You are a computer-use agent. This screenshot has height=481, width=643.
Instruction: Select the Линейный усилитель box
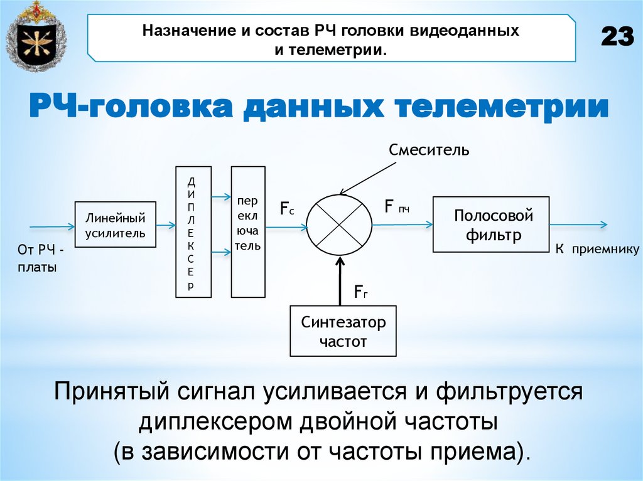(x=115, y=225)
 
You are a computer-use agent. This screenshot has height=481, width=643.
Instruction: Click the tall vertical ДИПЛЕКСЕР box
(x=193, y=231)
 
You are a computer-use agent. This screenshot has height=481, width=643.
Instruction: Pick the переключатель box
(x=248, y=231)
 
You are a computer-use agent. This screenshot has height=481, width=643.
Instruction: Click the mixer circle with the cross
(x=339, y=225)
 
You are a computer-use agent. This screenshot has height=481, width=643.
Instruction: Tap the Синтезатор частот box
(x=343, y=331)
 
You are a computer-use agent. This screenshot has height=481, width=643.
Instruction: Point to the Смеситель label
(x=429, y=150)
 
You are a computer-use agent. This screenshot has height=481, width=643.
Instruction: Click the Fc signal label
(x=287, y=208)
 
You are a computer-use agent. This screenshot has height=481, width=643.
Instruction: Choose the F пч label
(x=397, y=206)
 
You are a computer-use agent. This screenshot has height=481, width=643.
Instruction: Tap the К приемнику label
(x=596, y=250)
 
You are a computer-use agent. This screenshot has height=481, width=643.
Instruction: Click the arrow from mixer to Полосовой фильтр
(x=402, y=224)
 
